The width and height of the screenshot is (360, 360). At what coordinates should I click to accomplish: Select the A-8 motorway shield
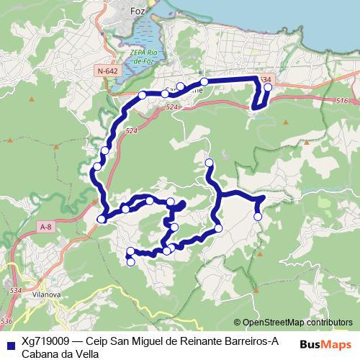(x=45, y=228)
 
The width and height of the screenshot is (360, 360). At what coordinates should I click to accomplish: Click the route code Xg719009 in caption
(x=45, y=341)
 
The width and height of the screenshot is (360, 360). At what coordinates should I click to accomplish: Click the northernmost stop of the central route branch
(x=209, y=162)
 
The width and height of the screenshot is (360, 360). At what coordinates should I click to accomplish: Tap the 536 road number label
(x=8, y=320)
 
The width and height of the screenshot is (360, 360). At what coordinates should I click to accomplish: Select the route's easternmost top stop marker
(x=268, y=88)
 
